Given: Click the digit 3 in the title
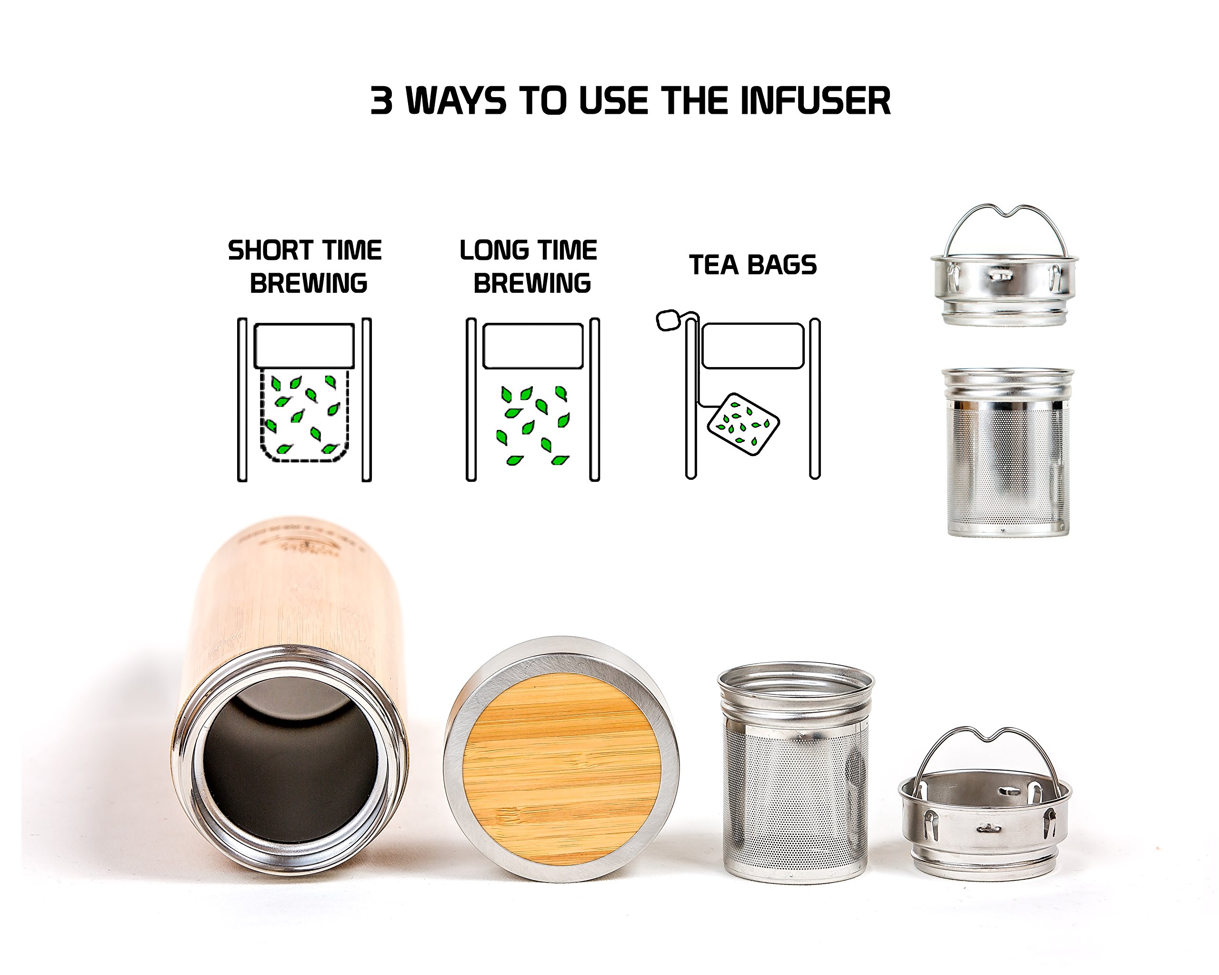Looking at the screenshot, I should pyautogui.click(x=381, y=101).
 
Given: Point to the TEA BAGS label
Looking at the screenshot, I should pyautogui.click(x=752, y=265).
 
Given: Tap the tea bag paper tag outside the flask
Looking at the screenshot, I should pyautogui.click(x=668, y=320).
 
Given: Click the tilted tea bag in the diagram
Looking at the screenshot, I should pyautogui.click(x=743, y=424).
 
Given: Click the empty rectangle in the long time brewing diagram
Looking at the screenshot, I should pyautogui.click(x=533, y=346).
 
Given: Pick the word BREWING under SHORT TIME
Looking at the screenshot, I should pyautogui.click(x=308, y=284).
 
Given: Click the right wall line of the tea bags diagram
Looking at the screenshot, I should pyautogui.click(x=815, y=398).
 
